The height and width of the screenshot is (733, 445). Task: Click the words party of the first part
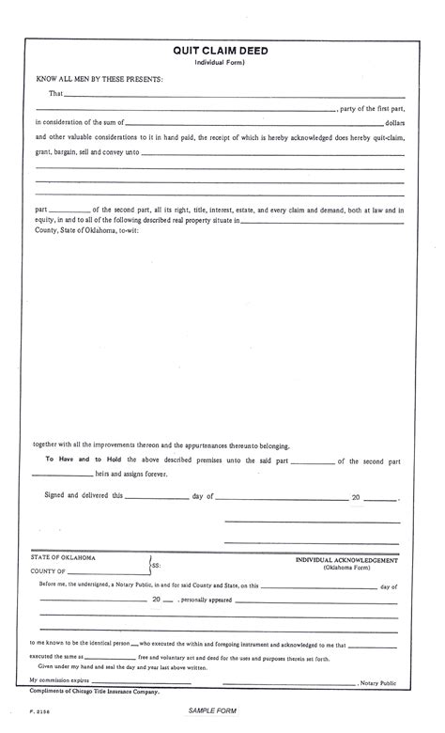coord(373,109)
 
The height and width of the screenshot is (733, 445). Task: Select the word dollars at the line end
coord(395,123)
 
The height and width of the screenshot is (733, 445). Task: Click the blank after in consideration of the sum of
coord(253,124)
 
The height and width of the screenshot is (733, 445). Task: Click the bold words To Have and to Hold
coord(79,460)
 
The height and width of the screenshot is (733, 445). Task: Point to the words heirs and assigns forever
coord(131,475)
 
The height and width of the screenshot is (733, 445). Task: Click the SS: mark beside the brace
coord(156,566)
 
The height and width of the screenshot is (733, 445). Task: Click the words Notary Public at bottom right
coord(379,681)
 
